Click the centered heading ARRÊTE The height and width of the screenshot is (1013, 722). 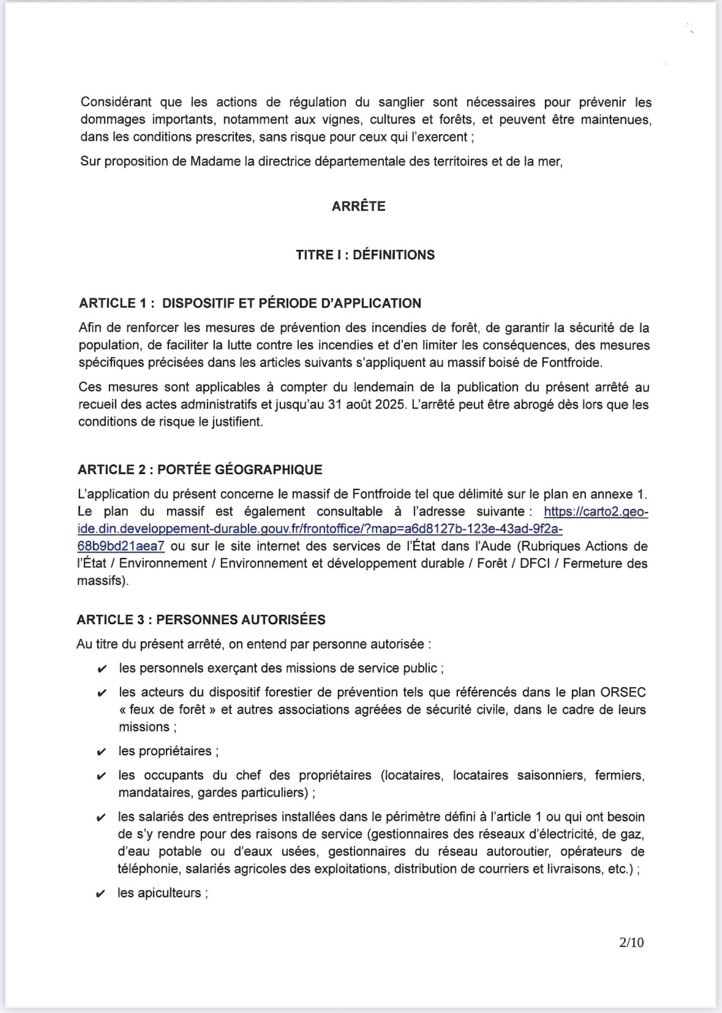358,206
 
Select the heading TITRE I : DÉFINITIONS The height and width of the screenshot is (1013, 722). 365,255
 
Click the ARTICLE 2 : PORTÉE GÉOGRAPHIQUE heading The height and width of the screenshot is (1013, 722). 200,470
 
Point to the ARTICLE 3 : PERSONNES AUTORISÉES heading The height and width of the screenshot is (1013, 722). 201,620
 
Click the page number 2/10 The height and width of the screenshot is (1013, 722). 631,943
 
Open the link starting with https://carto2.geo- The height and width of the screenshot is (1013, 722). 595,511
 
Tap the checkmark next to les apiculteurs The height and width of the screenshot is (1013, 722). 101,894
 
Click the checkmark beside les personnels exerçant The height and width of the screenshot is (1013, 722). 102,669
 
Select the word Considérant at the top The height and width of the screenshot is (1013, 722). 116,102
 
